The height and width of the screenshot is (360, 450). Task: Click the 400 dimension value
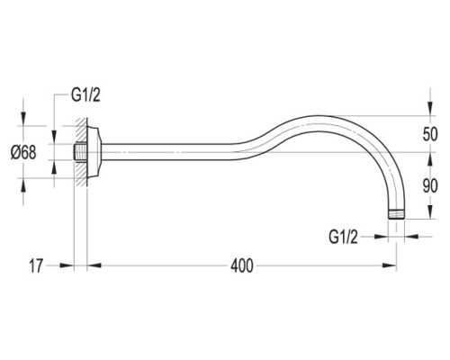tap(242, 265)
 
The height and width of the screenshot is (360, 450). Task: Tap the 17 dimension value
tap(36, 265)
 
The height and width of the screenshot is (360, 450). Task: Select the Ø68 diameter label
tap(23, 152)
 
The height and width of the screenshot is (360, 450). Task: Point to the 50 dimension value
tap(430, 134)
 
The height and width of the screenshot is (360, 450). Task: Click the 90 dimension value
tap(430, 186)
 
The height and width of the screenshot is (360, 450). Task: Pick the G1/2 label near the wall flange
tap(85, 95)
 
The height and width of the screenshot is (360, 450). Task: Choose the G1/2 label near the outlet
tap(344, 237)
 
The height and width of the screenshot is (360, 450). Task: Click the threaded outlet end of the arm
tap(396, 214)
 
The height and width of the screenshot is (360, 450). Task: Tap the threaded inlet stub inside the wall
tap(80, 152)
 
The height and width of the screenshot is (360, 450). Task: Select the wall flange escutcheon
tap(94, 152)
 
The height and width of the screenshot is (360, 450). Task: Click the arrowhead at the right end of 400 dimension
tap(390, 265)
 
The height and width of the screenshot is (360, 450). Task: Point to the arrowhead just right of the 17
tap(67, 265)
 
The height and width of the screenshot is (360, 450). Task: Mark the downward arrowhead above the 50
tap(430, 109)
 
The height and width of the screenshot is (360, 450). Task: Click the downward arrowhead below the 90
tap(430, 212)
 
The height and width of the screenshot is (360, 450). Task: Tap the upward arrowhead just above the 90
tap(430, 159)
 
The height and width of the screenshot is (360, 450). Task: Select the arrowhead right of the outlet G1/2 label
tap(381, 237)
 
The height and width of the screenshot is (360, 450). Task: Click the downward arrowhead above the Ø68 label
tap(23, 119)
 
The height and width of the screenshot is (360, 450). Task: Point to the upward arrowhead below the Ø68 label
tap(23, 184)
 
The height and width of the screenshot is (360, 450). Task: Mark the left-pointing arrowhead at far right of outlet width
tap(411, 237)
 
